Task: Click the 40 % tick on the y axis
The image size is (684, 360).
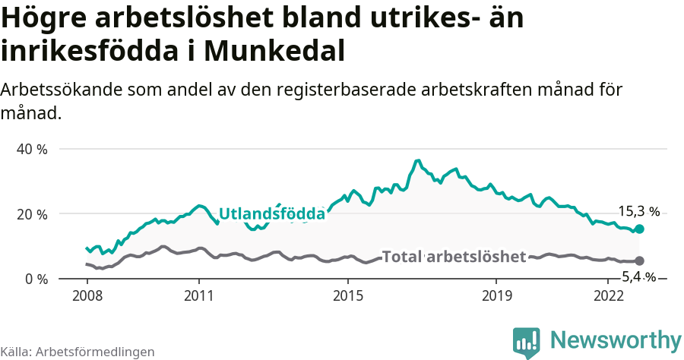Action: (33, 149)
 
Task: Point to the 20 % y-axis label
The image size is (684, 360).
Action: (33, 214)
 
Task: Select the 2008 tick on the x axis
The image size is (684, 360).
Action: (87, 295)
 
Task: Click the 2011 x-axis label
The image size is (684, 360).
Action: (198, 295)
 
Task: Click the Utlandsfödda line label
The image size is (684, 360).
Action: (272, 214)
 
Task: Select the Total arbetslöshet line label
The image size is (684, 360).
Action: (454, 257)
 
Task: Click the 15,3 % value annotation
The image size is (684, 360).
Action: (638, 212)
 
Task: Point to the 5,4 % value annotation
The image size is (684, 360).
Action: (638, 276)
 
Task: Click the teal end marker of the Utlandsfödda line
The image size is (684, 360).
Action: (639, 229)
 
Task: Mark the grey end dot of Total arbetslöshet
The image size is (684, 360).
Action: (639, 261)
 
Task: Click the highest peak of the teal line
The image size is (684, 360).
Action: (417, 161)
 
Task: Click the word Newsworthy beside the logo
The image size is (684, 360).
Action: (616, 340)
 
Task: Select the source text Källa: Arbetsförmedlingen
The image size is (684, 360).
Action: (78, 352)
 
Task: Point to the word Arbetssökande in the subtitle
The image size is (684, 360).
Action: (56, 90)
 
